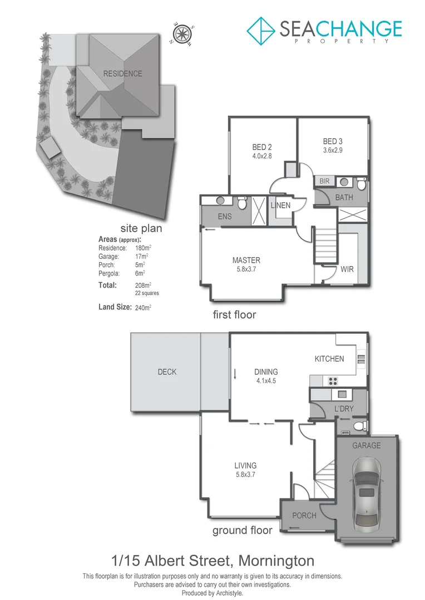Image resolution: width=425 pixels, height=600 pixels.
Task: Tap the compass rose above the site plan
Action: [x=181, y=34]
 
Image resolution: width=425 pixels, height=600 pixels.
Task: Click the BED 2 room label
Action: [x=262, y=147]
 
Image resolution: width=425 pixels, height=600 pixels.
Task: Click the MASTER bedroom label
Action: [x=246, y=260]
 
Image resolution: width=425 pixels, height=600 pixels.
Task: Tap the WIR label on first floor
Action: [x=347, y=269]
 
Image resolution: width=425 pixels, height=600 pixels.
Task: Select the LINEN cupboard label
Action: [x=280, y=206]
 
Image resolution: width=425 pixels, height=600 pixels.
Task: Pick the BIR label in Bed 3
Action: [x=324, y=182]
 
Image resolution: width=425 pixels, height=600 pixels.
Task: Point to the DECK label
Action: [x=167, y=372]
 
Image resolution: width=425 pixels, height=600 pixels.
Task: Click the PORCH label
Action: [x=304, y=516]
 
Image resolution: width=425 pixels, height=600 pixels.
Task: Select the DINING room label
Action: [x=266, y=372]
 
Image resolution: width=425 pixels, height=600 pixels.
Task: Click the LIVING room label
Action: [x=245, y=466]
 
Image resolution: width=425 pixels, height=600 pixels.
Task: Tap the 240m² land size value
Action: [x=144, y=307]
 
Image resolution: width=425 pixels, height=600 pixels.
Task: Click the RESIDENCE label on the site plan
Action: [x=122, y=73]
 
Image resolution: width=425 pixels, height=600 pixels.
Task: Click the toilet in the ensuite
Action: [x=242, y=203]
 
